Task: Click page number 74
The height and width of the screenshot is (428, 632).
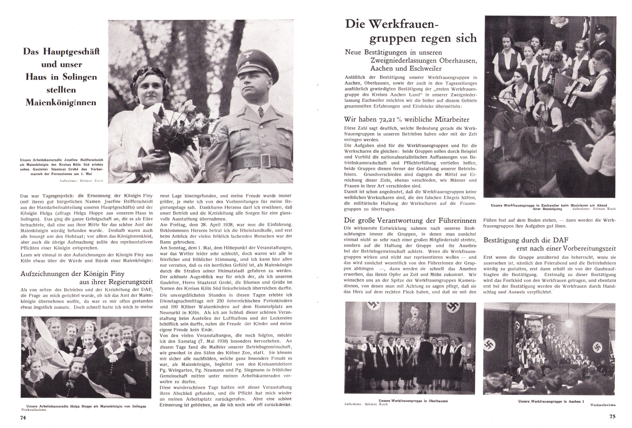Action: [24, 417]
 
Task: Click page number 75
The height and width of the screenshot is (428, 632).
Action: [612, 417]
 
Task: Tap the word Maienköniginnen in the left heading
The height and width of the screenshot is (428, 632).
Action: [60, 102]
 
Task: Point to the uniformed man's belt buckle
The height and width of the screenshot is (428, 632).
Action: [265, 160]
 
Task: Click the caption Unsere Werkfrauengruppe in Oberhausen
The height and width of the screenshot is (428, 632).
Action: [413, 401]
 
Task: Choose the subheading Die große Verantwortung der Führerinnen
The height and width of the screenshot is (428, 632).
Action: [410, 220]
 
